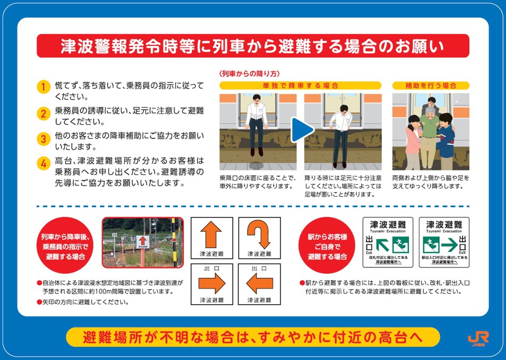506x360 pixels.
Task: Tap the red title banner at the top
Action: [252, 46]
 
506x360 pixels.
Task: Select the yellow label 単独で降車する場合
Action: [300, 85]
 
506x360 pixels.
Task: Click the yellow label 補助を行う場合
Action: [430, 85]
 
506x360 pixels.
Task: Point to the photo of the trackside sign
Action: [142, 242]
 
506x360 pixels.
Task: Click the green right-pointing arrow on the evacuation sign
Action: [448, 244]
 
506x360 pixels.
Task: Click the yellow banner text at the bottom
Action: [252, 337]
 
